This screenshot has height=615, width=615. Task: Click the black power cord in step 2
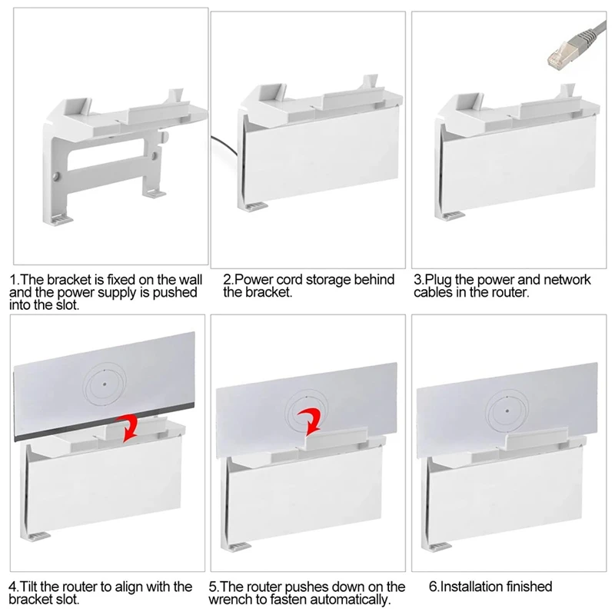(x=224, y=146)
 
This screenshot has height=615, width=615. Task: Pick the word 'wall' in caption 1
(x=191, y=280)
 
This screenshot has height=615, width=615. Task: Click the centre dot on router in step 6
(x=507, y=411)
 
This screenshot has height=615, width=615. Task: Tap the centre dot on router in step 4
(x=105, y=384)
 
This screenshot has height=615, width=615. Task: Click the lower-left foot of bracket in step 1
(x=58, y=220)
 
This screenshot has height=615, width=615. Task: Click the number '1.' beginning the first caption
(x=14, y=280)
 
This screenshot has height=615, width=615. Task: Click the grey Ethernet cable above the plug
(x=589, y=30)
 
